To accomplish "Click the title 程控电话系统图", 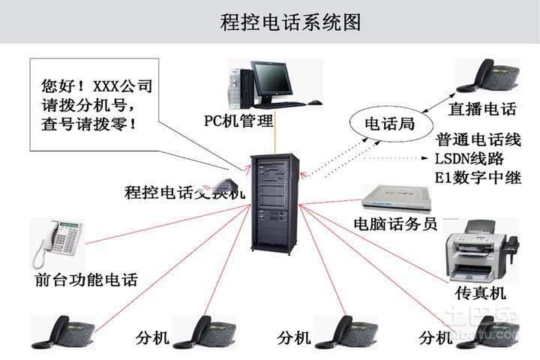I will (x=291, y=22).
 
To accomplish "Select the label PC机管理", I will (x=239, y=121).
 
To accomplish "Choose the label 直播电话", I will (x=482, y=109).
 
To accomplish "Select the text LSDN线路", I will (x=469, y=159).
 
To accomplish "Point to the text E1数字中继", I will (x=477, y=178).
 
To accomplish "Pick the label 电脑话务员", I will (x=395, y=223).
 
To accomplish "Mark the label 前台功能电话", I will (x=86, y=280).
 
